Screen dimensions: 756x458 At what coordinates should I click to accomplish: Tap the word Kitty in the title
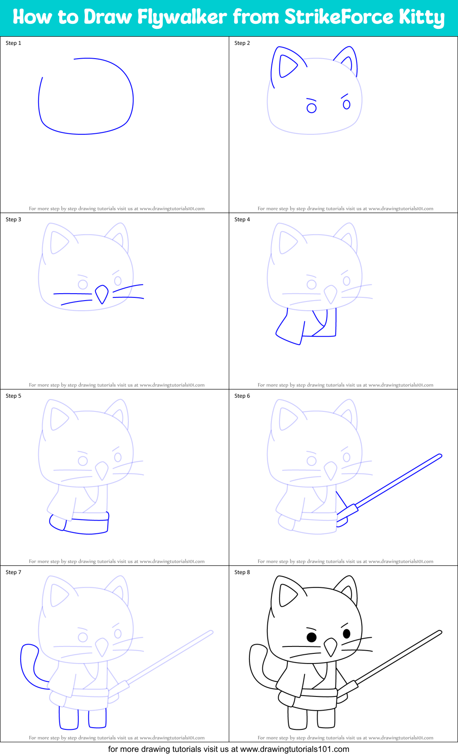pyautogui.click(x=421, y=17)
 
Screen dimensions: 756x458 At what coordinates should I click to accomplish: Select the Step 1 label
pyautogui.click(x=13, y=43)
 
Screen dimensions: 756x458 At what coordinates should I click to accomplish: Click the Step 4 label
pyautogui.click(x=242, y=219)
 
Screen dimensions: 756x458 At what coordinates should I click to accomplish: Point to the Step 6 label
pyautogui.click(x=242, y=396)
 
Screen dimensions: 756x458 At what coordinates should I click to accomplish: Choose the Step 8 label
pyautogui.click(x=242, y=572)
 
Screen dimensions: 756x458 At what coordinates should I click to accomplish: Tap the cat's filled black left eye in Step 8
pyautogui.click(x=311, y=637)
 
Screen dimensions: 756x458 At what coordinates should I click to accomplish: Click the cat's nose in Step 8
pyautogui.click(x=330, y=646)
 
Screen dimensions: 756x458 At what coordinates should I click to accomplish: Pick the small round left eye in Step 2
pyautogui.click(x=311, y=108)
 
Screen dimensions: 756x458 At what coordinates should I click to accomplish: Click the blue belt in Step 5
pyautogui.click(x=89, y=517)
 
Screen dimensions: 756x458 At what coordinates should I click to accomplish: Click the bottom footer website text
pyautogui.click(x=228, y=749)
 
